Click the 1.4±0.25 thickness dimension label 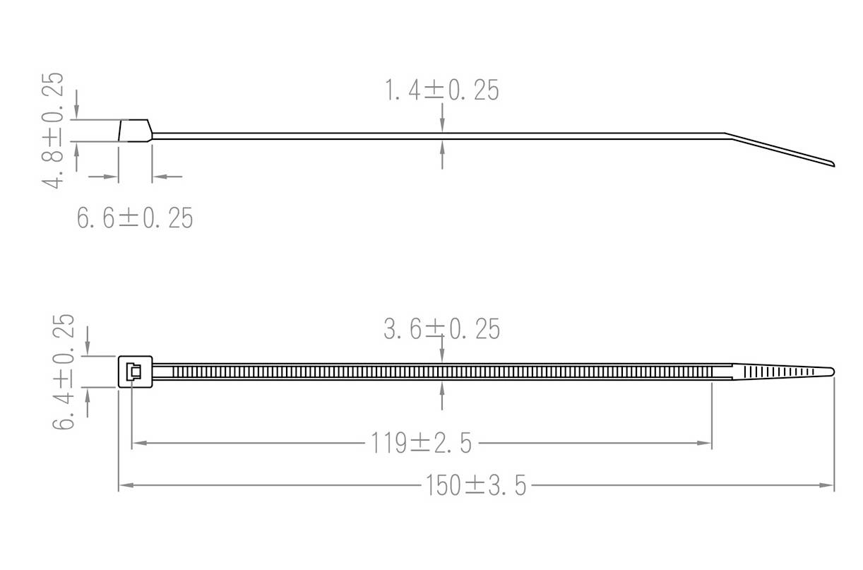(x=441, y=90)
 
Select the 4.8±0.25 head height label (x=53, y=130)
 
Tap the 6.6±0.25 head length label (x=135, y=218)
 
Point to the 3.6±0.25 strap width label (x=442, y=329)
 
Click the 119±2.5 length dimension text (x=421, y=444)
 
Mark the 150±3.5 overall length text (x=475, y=486)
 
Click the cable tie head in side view (x=135, y=131)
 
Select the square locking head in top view (x=135, y=371)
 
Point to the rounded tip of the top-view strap (x=831, y=371)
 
